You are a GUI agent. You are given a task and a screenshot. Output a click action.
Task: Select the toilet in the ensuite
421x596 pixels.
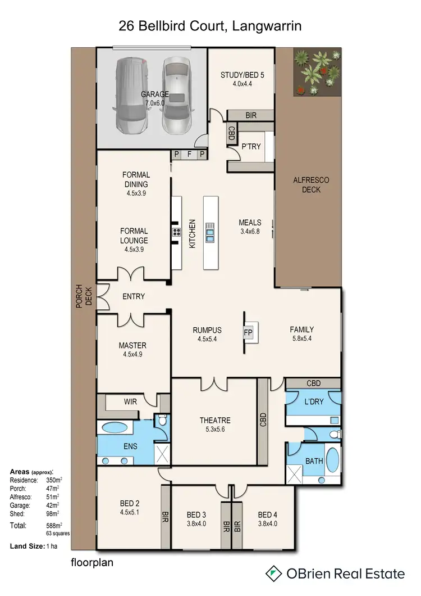tap(162, 420)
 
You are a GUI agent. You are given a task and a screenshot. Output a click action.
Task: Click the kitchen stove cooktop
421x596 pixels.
tap(176, 232)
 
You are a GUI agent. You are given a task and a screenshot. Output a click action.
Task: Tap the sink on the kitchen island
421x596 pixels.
tap(210, 233)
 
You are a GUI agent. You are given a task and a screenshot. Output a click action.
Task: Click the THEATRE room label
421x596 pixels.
tap(215, 420)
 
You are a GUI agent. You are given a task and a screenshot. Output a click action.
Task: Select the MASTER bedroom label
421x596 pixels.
tap(132, 345)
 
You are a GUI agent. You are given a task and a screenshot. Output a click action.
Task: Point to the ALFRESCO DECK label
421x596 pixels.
tap(312, 185)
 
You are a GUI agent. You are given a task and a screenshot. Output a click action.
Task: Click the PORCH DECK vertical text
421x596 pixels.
tap(84, 296)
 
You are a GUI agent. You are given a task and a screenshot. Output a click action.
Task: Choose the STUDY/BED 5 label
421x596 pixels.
tap(242, 75)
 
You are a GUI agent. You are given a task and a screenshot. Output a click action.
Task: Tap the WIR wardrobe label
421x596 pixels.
tap(130, 401)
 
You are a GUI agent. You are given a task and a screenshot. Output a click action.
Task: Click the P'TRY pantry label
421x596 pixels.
tap(251, 146)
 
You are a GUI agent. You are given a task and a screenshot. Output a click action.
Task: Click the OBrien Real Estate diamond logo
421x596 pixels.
tap(273, 574)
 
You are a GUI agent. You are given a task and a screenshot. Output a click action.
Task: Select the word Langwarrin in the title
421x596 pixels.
tap(267, 26)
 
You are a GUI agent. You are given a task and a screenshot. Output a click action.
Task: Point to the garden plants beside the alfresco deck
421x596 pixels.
tap(317, 71)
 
